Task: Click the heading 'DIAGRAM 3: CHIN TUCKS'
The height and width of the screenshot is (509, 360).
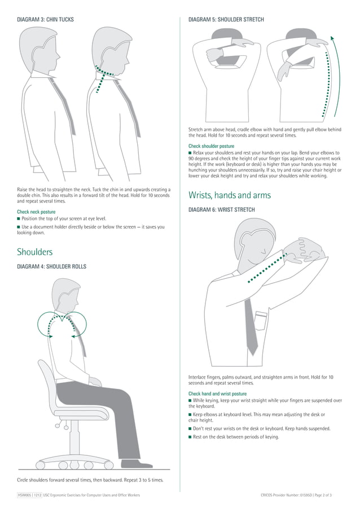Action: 45,20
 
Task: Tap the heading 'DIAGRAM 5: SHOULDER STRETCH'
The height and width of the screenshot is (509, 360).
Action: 226,20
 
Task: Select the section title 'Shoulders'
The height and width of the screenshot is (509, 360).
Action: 35,252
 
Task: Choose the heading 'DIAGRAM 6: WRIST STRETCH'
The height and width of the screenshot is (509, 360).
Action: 221,210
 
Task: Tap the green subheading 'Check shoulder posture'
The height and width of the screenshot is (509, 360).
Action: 211,146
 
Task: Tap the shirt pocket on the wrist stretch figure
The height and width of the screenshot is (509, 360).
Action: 261,321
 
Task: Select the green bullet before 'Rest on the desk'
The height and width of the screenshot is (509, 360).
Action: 190,437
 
